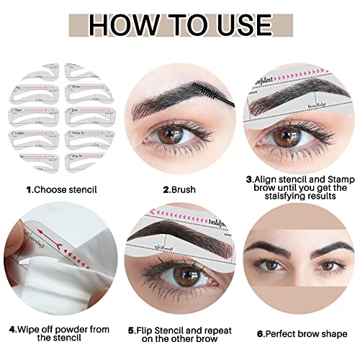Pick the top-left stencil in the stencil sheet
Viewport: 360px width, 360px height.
tap(32, 75)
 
